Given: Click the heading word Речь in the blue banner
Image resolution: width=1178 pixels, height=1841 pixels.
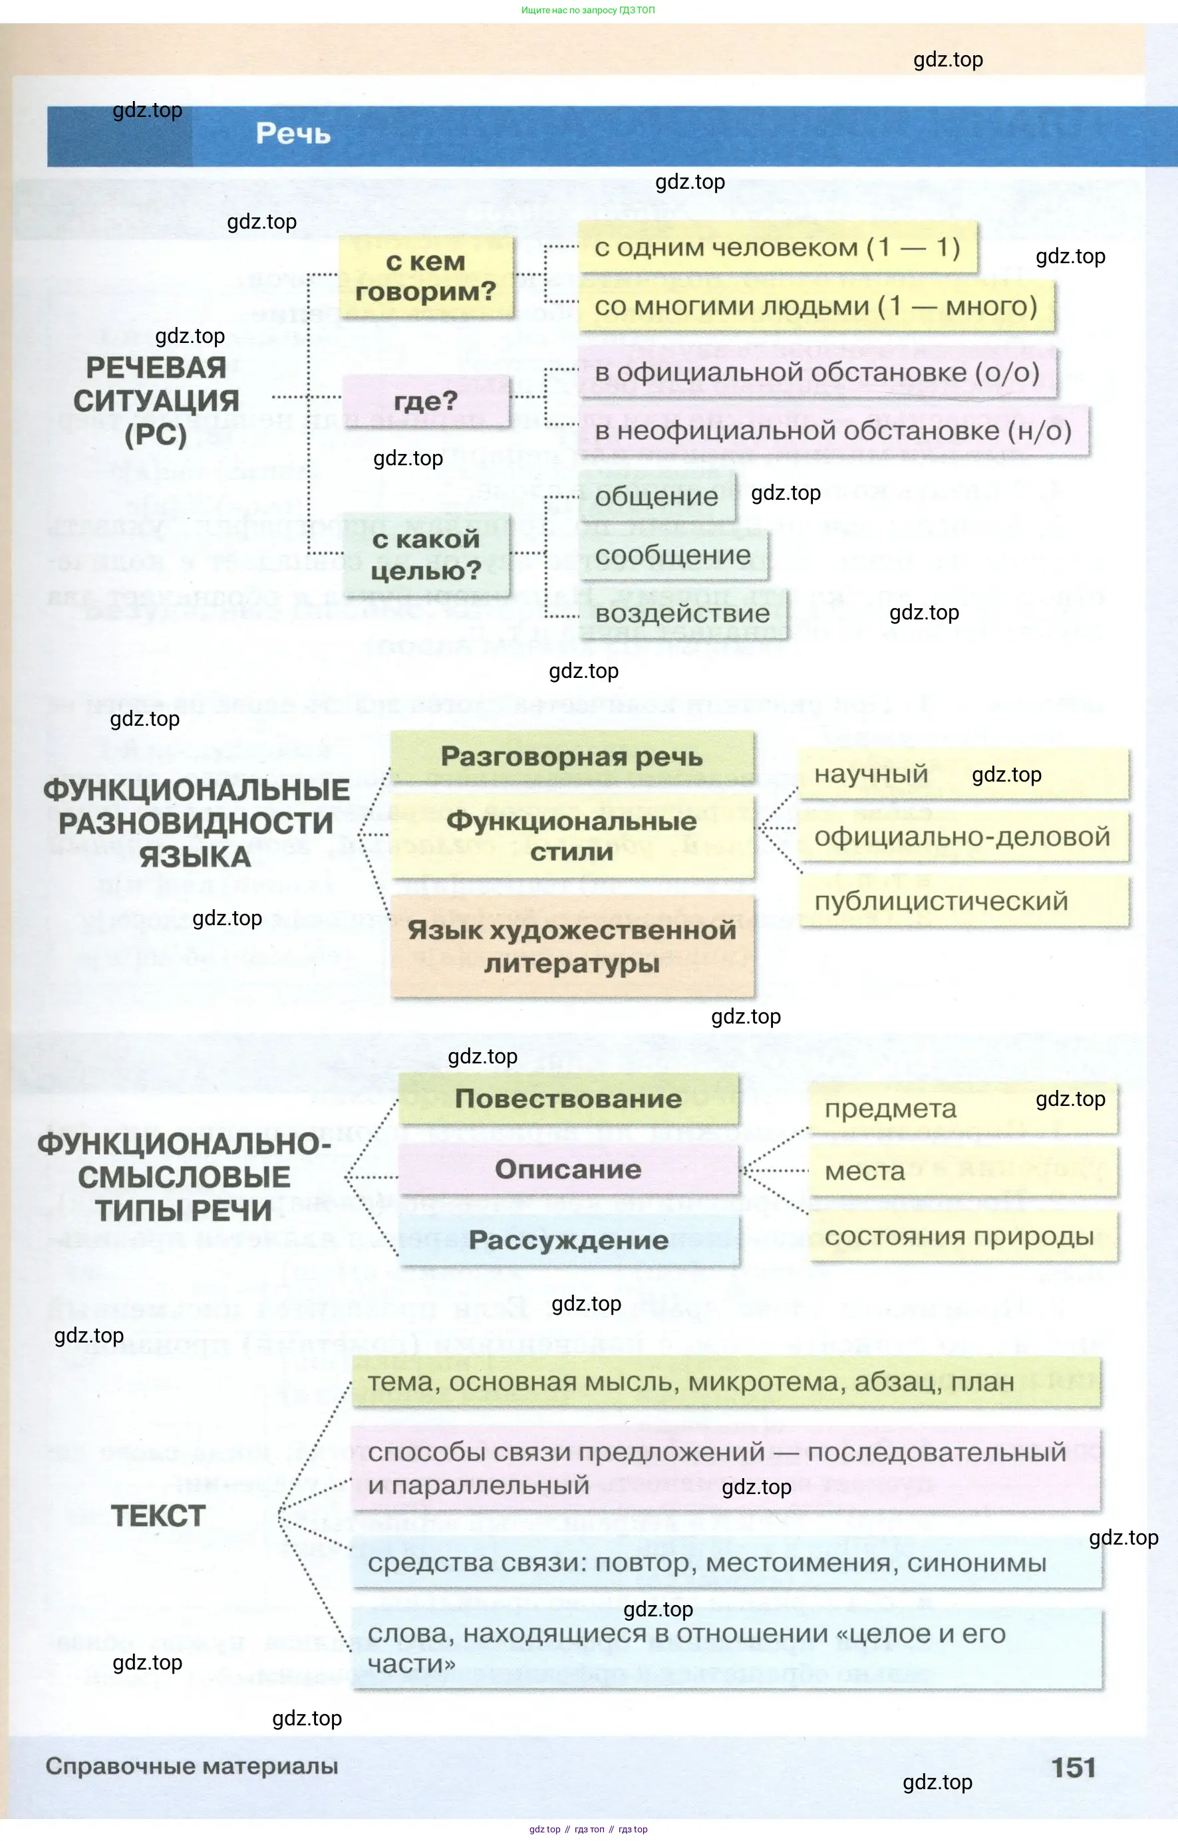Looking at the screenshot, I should click(x=293, y=134).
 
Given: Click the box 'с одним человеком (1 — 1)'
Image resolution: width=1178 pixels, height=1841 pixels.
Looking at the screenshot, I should click(x=776, y=248).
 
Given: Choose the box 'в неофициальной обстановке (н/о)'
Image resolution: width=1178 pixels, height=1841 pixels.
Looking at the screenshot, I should click(x=832, y=431).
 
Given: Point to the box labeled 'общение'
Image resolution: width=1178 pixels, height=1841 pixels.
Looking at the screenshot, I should click(x=657, y=497).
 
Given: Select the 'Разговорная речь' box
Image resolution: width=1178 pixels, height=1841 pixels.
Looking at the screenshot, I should click(x=571, y=757).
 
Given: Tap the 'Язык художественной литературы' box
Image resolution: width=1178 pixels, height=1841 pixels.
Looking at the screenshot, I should click(x=571, y=946).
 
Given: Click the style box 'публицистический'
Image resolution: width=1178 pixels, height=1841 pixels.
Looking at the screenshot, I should click(x=941, y=901).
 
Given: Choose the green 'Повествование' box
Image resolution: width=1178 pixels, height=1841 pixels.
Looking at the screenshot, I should click(x=568, y=1099).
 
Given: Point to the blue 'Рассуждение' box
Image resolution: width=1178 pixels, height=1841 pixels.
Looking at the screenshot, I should click(x=568, y=1240).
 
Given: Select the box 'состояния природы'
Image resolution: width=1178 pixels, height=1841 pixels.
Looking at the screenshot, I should click(x=958, y=1236).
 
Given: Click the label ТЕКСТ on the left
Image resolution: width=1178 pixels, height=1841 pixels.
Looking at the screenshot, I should click(x=158, y=1516).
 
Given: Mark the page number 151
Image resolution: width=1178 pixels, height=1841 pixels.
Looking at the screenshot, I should click(x=1072, y=1768).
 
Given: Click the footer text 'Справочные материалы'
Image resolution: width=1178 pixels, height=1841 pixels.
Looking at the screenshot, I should click(x=192, y=1767).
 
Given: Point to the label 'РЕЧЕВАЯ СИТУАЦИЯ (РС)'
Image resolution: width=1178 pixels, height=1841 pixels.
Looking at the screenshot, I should click(x=156, y=401).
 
